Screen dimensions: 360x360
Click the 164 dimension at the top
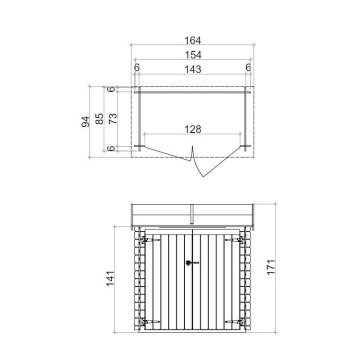coord(190,41)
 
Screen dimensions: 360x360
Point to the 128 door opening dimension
coord(192,129)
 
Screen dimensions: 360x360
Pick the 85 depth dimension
coord(100,117)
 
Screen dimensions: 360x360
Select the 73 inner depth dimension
coord(113,117)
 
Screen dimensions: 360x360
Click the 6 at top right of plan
coord(246,68)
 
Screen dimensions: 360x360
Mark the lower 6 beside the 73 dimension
coord(113,148)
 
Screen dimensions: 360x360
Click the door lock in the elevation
coord(194,262)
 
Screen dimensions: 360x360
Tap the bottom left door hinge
coord(147,321)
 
